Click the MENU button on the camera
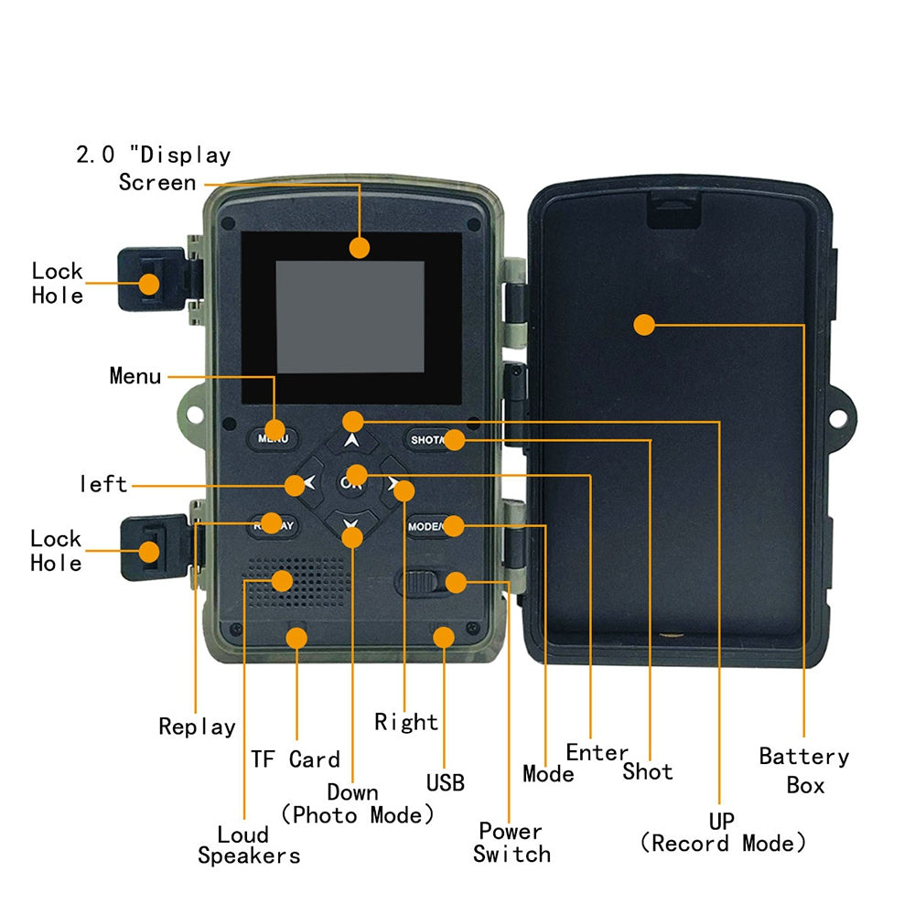click(x=272, y=436)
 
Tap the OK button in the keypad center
click(x=352, y=480)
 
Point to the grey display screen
click(x=350, y=317)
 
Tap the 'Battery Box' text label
click(x=804, y=770)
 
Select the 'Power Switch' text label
click(x=511, y=843)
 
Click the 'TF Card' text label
click(x=295, y=759)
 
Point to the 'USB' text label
click(x=446, y=783)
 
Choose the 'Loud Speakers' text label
click(x=248, y=845)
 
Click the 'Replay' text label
click(x=197, y=727)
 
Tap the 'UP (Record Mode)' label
click(x=722, y=831)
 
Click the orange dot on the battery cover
click(x=644, y=324)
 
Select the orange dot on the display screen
click(x=360, y=246)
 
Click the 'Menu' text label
click(x=135, y=376)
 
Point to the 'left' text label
click(x=102, y=484)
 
